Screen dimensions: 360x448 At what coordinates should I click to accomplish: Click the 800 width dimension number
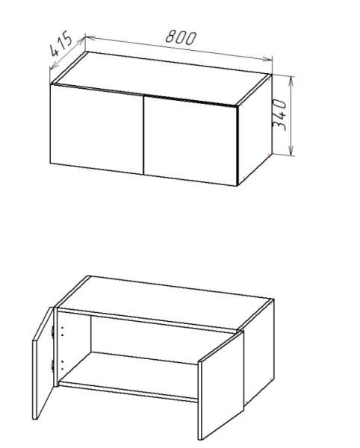(181, 37)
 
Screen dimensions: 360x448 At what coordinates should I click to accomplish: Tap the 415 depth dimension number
(60, 43)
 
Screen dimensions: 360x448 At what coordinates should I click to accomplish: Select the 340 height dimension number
(279, 115)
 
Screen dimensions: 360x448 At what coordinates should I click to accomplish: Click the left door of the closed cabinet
(96, 129)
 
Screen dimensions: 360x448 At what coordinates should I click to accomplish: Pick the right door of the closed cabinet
(190, 141)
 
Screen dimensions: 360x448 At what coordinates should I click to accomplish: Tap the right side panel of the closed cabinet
(255, 129)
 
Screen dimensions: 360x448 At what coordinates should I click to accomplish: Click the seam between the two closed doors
(143, 135)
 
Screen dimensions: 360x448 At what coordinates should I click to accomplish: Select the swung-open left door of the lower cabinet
(43, 364)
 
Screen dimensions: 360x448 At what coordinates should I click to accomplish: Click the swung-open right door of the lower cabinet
(221, 386)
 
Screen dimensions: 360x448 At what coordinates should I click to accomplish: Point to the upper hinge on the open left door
(52, 331)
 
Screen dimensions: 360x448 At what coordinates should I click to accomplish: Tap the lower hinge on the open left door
(52, 366)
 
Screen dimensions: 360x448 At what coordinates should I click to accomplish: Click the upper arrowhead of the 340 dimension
(291, 81)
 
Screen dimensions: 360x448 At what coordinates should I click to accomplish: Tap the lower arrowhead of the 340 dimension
(291, 151)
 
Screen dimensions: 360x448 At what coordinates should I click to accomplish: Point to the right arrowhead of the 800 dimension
(267, 59)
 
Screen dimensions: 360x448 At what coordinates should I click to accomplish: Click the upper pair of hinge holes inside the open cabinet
(62, 332)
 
